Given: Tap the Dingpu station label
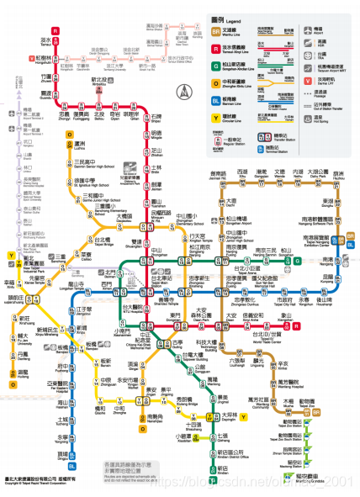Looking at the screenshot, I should click(64, 453).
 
